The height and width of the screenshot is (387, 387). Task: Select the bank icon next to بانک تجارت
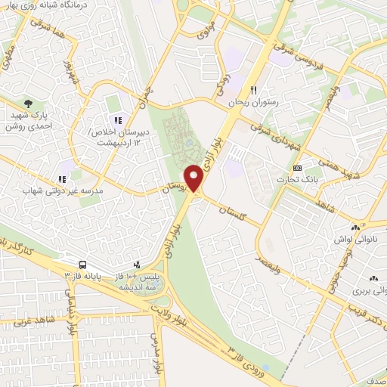pos(298,168)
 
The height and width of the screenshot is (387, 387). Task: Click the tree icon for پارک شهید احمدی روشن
pos(29,103)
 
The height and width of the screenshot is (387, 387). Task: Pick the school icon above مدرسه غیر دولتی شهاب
pos(63,179)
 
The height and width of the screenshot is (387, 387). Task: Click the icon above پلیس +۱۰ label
pos(137,265)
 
